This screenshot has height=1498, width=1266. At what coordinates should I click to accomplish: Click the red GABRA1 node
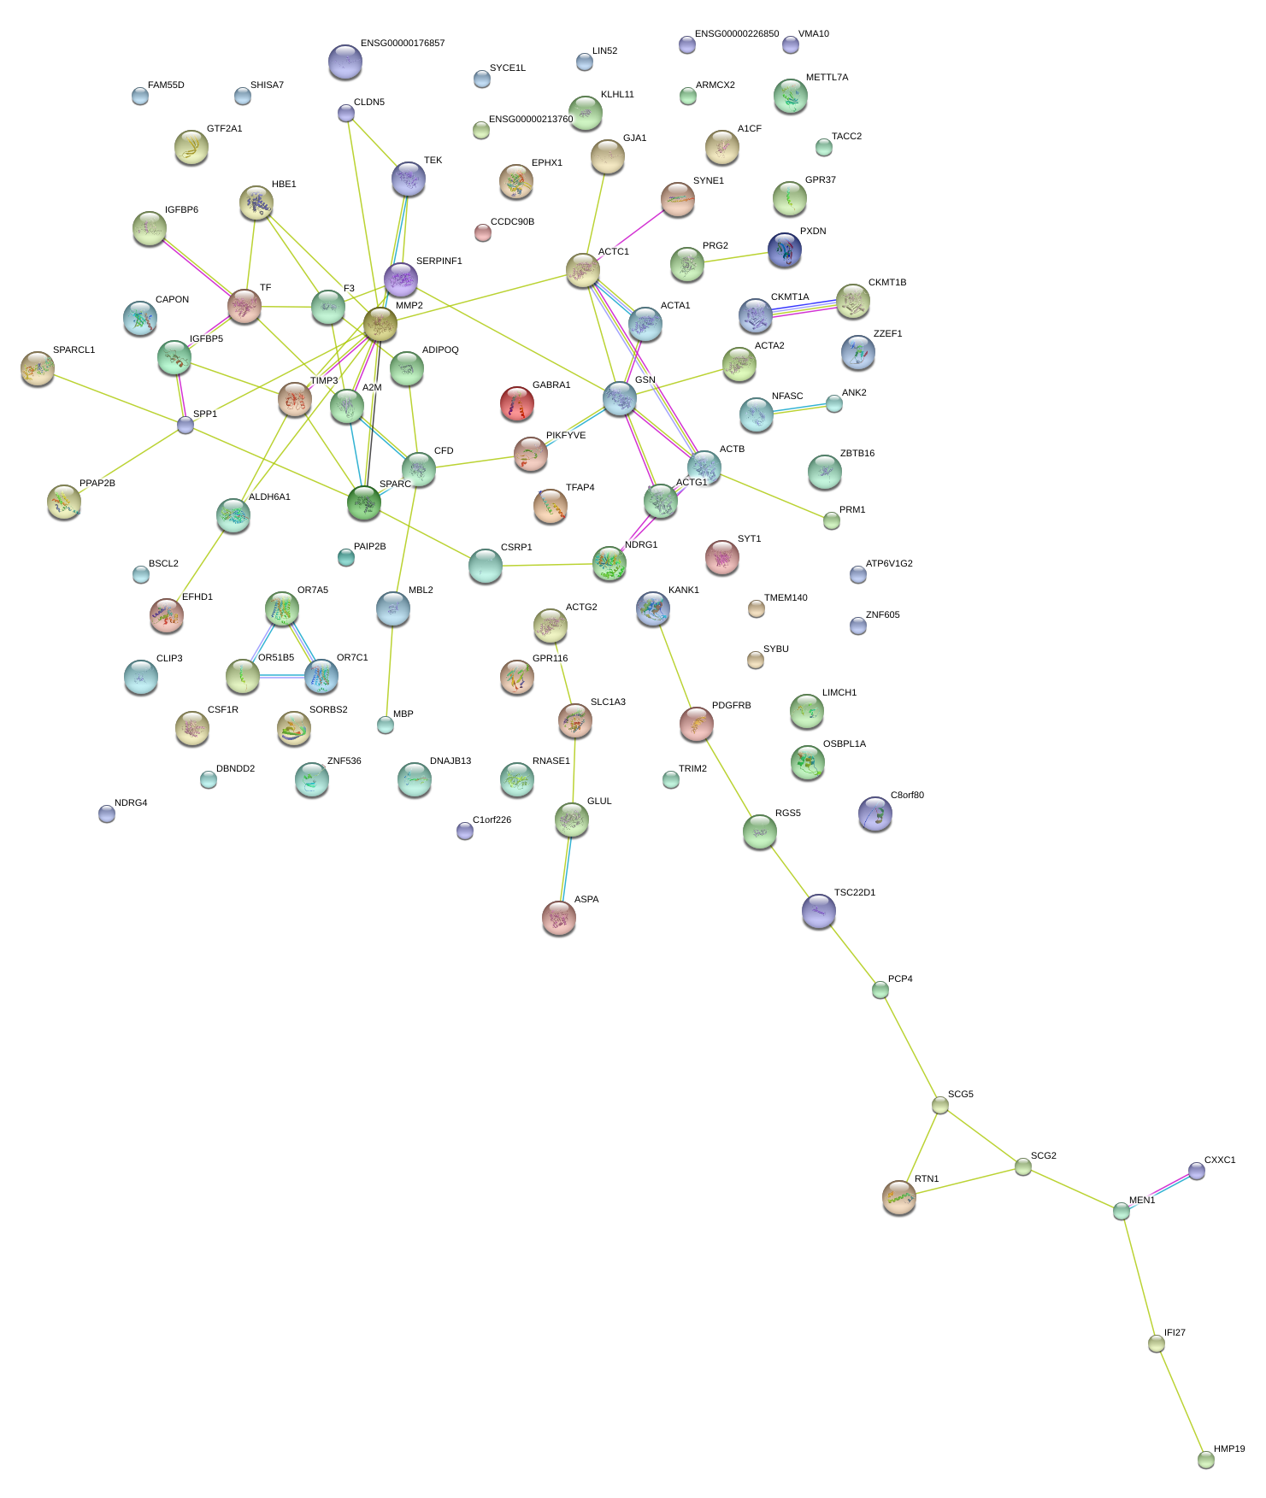coord(516,403)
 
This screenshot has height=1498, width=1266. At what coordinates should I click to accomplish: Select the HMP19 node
coord(1205,1460)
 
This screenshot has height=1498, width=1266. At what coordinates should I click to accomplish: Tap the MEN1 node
coord(1122,1211)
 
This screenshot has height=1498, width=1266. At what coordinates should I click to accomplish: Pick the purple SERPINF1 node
coord(401,279)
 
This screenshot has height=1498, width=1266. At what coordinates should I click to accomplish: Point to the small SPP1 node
coord(185,425)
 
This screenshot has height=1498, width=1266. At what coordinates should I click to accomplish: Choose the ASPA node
coord(559,918)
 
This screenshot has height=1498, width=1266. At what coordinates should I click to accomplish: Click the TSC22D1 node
coord(819,911)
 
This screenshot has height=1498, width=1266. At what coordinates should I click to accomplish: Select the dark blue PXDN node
coord(785,250)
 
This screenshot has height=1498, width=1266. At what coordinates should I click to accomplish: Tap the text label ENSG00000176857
coord(403,43)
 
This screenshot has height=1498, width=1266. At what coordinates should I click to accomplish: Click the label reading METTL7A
coord(827,77)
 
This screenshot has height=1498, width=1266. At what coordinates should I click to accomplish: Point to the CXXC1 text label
coord(1220,1160)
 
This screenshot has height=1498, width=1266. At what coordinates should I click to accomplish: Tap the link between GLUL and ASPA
coord(566,868)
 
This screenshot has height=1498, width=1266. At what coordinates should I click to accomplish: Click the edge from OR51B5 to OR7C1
coord(282,676)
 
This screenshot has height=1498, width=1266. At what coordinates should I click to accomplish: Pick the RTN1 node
coord(899,1197)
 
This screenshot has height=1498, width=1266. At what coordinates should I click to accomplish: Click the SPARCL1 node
coord(38,368)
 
